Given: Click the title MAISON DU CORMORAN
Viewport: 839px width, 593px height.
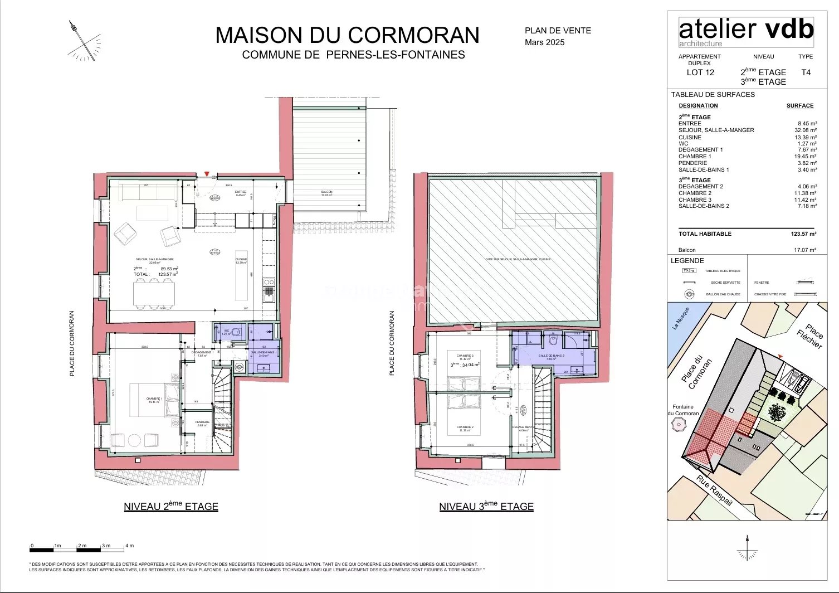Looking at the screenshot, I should (347, 35).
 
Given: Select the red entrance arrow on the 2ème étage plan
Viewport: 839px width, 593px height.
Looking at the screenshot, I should (207, 174).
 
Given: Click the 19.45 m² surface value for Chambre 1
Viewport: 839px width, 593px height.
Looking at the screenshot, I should (807, 157).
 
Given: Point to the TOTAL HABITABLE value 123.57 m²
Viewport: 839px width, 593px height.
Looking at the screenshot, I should (803, 234).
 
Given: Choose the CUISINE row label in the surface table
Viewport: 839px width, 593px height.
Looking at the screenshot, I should (690, 137).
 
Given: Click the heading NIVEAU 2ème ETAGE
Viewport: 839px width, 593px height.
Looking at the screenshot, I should (171, 507).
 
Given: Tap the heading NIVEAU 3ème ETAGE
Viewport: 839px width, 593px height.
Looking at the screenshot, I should (486, 507).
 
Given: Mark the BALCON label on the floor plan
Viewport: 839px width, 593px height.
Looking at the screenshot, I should (326, 192).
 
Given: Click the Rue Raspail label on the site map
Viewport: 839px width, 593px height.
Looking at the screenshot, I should (714, 491).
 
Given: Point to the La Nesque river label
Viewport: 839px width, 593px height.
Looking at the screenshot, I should (681, 318).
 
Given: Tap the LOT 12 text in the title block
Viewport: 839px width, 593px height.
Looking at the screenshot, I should (700, 72).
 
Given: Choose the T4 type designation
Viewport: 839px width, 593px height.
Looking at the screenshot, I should (806, 72).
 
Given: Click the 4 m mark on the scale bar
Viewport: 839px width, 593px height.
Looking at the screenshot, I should (129, 546).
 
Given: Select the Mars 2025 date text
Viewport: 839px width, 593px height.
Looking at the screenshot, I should (544, 42).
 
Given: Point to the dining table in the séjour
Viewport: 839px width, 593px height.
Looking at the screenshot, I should (154, 293).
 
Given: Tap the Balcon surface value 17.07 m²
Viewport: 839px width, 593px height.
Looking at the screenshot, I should (805, 250).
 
